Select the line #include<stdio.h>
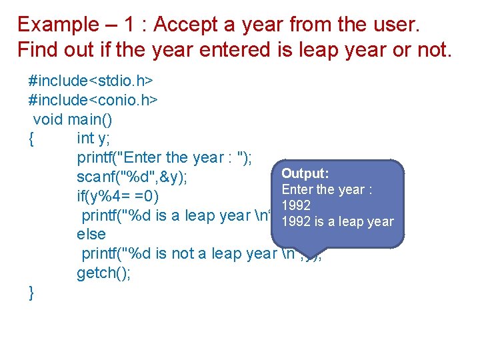(x=91, y=81)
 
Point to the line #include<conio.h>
(x=93, y=100)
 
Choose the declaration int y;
(x=94, y=138)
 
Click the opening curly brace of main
(x=31, y=138)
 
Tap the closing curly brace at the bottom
(x=31, y=292)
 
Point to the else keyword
(x=91, y=235)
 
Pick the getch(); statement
(x=104, y=273)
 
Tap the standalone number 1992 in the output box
(x=295, y=206)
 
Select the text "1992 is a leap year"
(x=337, y=222)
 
